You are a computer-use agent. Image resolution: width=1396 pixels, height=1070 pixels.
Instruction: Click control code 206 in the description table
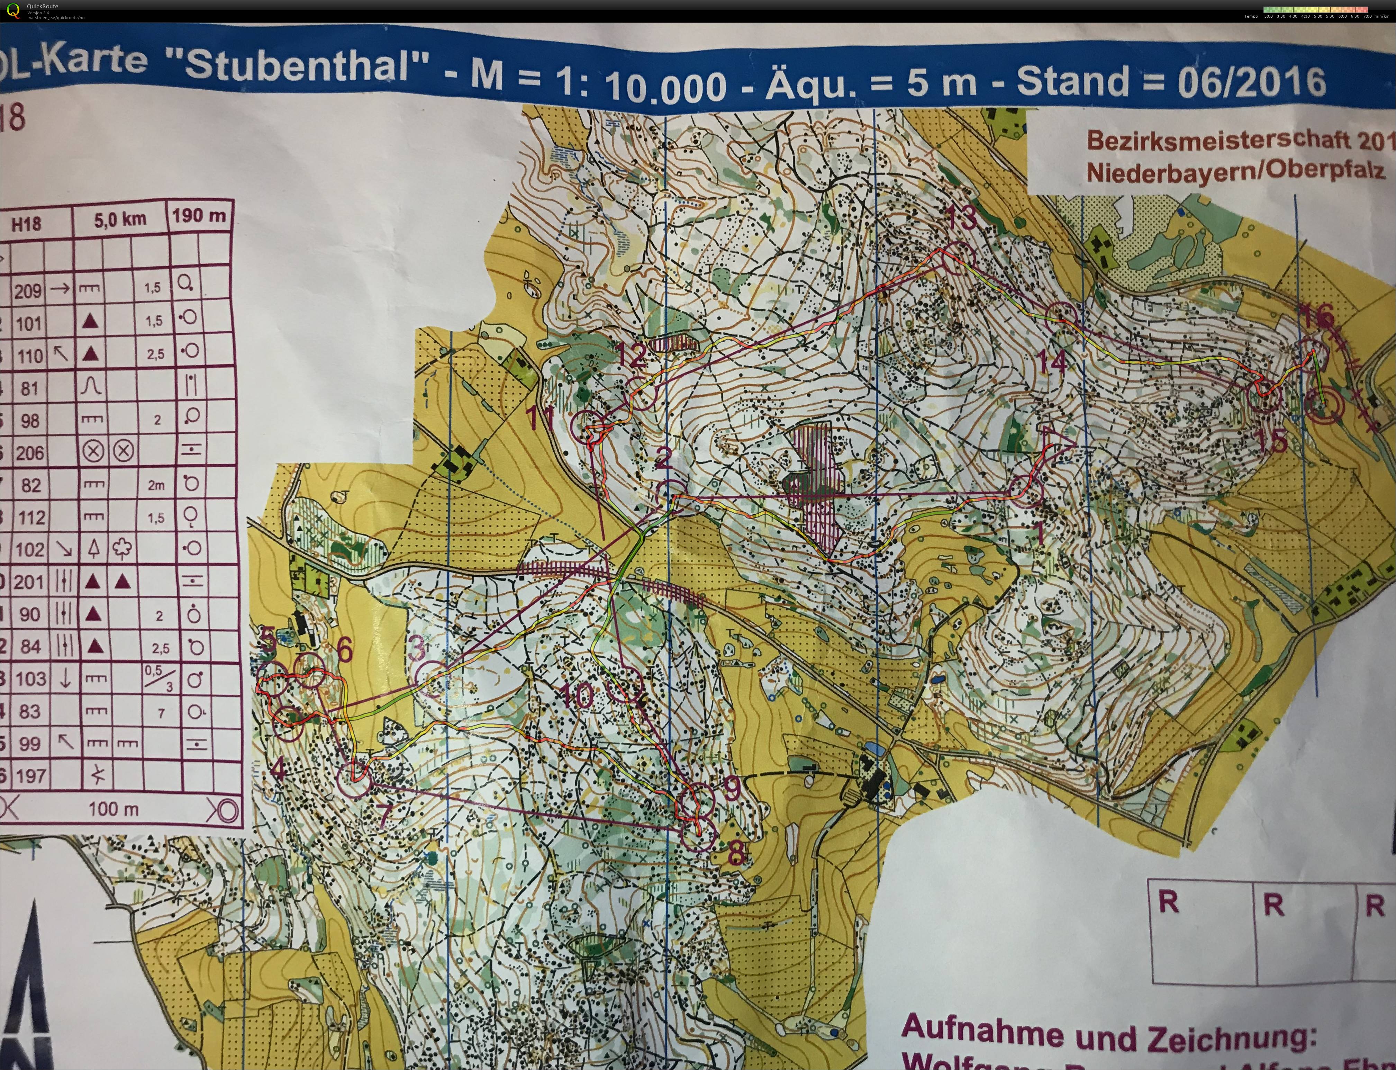[29, 453]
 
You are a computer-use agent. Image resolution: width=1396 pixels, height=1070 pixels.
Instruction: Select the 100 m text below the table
[113, 809]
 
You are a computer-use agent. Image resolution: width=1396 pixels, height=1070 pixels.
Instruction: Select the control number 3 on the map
[417, 648]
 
